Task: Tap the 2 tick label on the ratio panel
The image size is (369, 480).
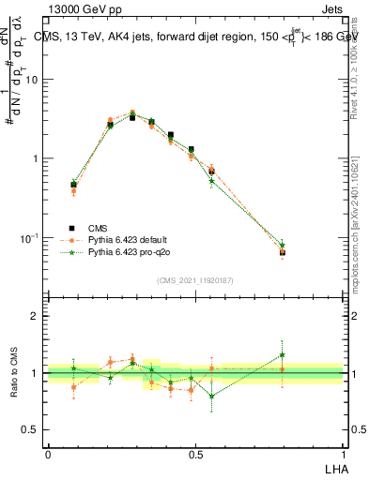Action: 35,316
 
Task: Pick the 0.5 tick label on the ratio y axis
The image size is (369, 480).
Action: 30,430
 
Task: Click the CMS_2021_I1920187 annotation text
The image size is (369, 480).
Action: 194,280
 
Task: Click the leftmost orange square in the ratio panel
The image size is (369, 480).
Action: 73,387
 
